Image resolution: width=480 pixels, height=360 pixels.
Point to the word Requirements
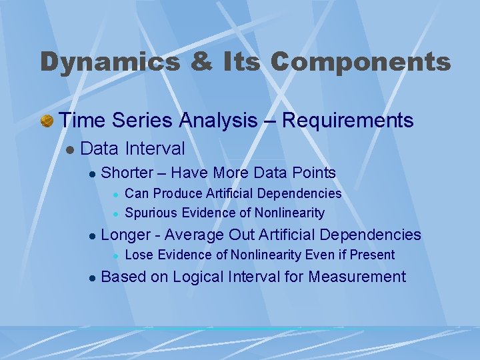tap(348, 121)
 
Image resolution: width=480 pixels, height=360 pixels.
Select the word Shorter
tap(127, 173)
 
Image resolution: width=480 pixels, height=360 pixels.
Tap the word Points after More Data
tap(313, 173)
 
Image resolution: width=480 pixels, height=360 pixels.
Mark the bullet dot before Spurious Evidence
tap(115, 214)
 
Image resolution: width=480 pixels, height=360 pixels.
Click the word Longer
tap(127, 235)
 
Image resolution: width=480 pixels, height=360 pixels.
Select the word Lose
tap(138, 255)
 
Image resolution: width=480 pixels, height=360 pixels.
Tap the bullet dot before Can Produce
tap(115, 194)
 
